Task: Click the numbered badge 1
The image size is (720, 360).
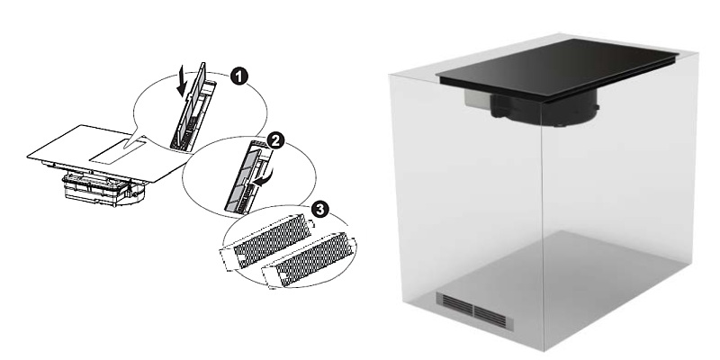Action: (238, 76)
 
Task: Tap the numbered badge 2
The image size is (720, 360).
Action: (275, 140)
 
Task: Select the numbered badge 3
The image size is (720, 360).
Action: (320, 210)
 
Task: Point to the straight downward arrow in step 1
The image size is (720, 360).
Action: (183, 81)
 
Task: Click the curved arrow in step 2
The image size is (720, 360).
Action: (265, 177)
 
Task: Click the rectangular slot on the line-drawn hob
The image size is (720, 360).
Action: (118, 152)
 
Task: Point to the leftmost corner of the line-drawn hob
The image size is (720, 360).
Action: (27, 157)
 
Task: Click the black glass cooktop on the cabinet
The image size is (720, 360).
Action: (557, 67)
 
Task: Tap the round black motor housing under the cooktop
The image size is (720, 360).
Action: (544, 108)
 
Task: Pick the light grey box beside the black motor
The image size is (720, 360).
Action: (478, 99)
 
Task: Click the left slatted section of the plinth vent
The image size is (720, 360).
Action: (454, 303)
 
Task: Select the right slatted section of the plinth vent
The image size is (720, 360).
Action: (493, 318)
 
